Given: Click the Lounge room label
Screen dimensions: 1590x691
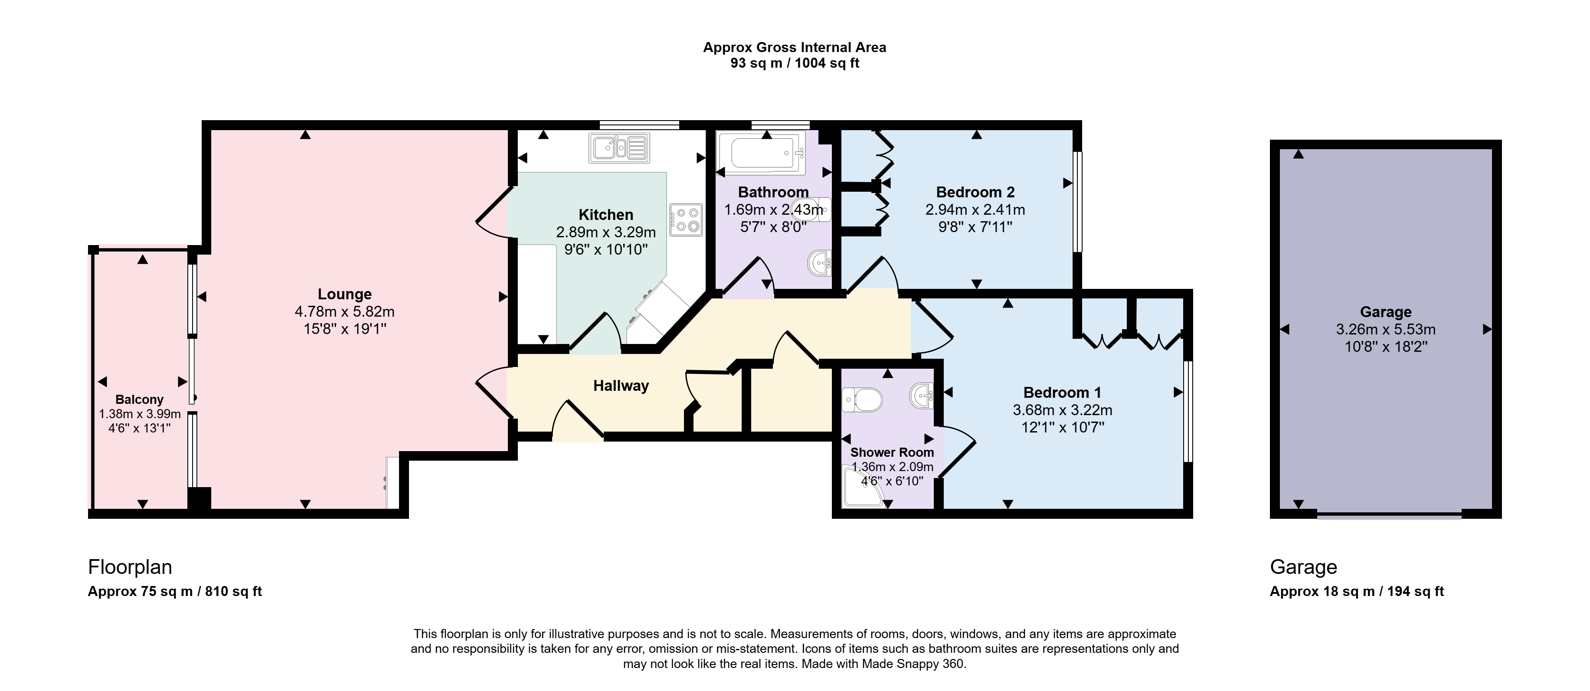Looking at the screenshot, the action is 344,294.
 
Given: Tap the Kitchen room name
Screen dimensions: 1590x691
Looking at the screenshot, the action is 605,215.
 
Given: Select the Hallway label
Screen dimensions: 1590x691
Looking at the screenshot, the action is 621,386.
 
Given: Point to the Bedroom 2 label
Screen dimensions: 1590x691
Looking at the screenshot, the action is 975,192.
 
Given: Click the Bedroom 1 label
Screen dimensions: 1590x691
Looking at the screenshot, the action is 1062,392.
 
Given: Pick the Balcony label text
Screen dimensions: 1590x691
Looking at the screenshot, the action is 140,400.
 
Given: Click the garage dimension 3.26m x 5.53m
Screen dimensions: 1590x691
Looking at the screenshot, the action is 1386,329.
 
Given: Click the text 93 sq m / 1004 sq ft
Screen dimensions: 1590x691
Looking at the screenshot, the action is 795,63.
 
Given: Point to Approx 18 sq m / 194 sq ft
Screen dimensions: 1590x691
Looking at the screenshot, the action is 1357,591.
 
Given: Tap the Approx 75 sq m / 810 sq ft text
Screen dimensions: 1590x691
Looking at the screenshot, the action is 175,591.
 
